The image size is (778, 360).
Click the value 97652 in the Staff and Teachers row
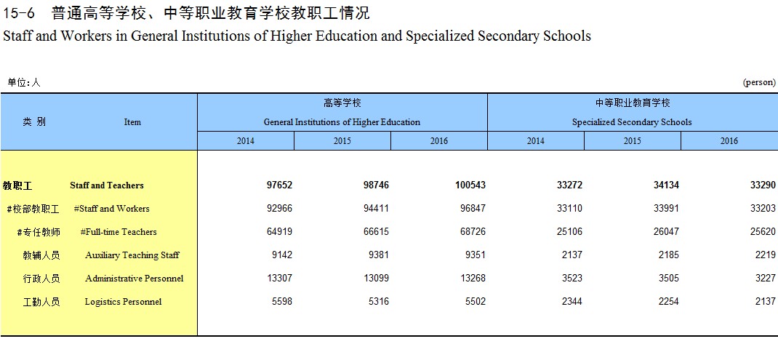click(279, 185)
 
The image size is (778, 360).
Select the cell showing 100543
click(470, 185)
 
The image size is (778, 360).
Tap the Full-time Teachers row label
click(119, 232)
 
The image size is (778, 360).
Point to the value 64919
click(279, 232)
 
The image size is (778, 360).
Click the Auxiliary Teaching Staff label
click(132, 255)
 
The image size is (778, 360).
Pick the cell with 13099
click(376, 278)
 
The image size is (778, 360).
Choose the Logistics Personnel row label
click(123, 301)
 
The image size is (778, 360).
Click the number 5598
click(282, 301)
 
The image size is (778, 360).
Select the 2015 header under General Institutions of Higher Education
click(342, 141)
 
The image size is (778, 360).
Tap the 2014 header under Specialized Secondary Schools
click(535, 141)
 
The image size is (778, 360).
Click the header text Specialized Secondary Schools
click(632, 122)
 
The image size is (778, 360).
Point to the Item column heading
click(132, 122)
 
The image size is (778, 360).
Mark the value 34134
click(666, 185)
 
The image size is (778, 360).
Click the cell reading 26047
click(666, 232)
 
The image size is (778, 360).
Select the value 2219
click(766, 255)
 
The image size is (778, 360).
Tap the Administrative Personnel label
click(134, 278)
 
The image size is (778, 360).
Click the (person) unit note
click(759, 82)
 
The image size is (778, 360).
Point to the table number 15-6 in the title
click(18, 13)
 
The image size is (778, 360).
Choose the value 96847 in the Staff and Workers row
click(473, 209)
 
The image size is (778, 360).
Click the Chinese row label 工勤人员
click(41, 301)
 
